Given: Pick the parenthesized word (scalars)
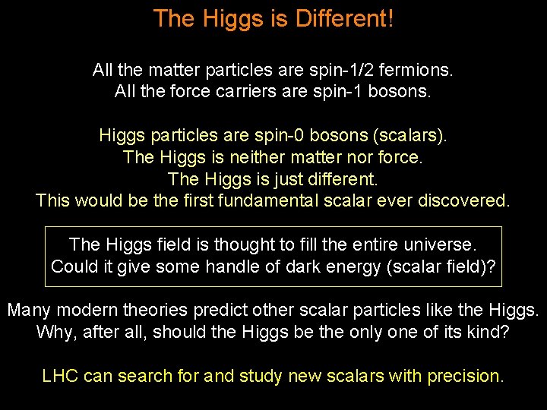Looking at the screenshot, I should (x=409, y=137).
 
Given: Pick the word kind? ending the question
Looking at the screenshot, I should (x=488, y=333).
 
